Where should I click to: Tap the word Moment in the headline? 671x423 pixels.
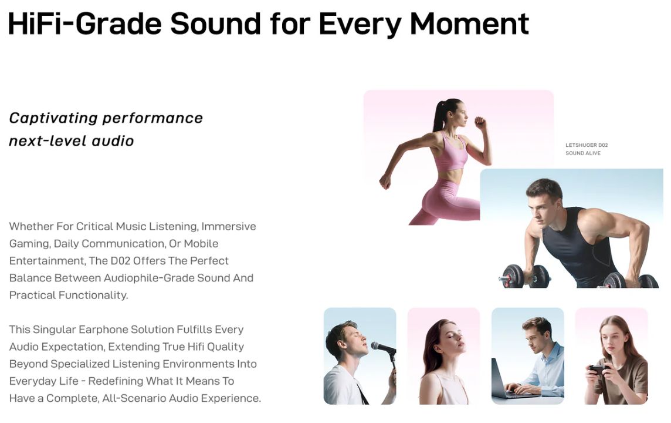click(x=469, y=23)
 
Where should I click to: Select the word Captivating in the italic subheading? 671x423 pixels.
click(x=53, y=118)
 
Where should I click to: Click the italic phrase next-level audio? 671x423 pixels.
click(x=72, y=141)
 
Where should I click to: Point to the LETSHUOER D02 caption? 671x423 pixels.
click(x=587, y=145)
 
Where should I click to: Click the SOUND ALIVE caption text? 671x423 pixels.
click(x=583, y=153)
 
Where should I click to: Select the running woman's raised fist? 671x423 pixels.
click(x=480, y=123)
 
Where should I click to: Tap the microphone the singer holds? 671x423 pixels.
click(x=384, y=348)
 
